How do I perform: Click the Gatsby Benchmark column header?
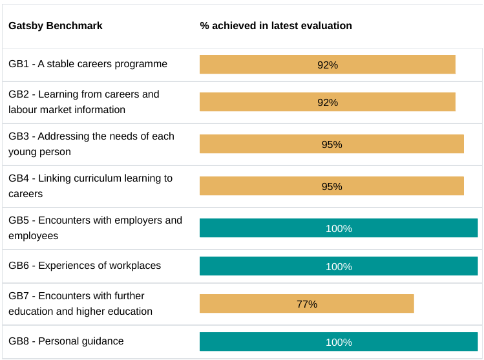[56, 26]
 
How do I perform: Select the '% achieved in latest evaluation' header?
[276, 26]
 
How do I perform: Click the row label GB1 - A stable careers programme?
[88, 64]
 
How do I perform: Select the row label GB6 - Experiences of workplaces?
[85, 266]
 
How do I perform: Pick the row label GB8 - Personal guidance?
[66, 341]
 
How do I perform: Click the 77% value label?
[307, 304]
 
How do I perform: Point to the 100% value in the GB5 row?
[339, 228]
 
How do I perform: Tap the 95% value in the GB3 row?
[331, 144]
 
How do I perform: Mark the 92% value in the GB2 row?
[328, 102]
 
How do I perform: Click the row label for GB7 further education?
[81, 304]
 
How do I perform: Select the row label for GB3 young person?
[91, 144]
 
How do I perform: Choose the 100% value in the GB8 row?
[339, 342]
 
